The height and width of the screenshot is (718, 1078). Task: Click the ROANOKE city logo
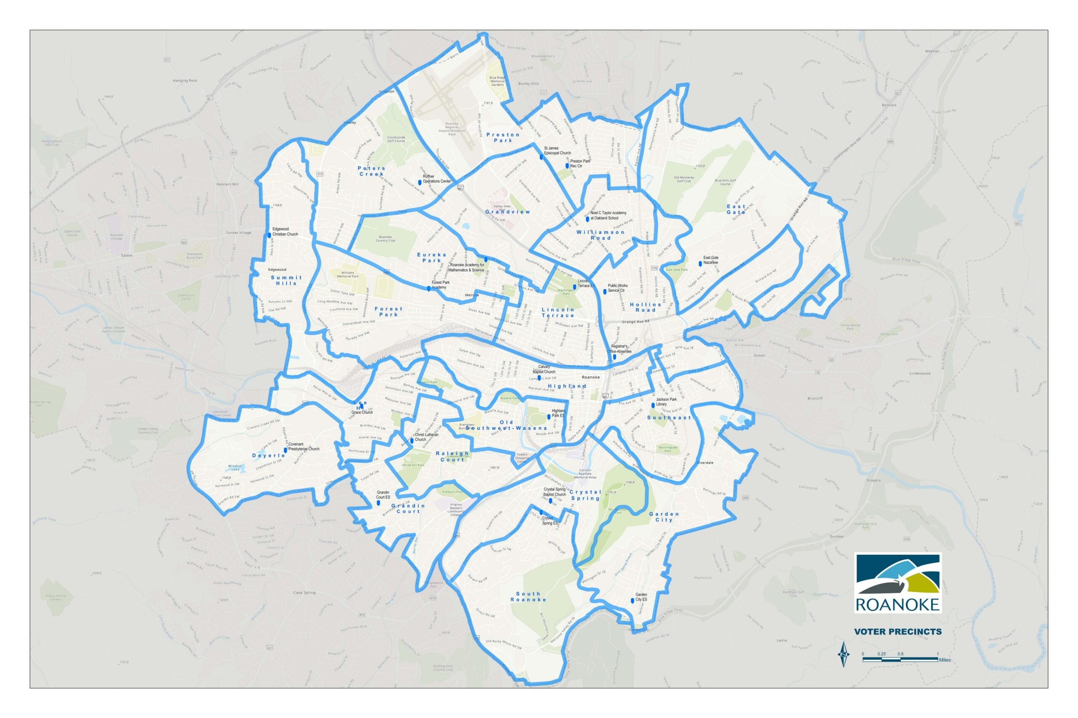pyautogui.click(x=897, y=583)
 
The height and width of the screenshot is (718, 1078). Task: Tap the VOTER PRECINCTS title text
pyautogui.click(x=897, y=631)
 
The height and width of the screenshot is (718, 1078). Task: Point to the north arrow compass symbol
pyautogui.click(x=843, y=655)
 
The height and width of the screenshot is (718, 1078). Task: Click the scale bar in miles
pyautogui.click(x=900, y=660)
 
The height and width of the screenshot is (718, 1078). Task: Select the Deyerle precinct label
pyautogui.click(x=269, y=456)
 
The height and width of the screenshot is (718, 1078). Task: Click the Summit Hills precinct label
pyautogui.click(x=286, y=280)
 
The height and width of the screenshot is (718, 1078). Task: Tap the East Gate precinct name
pyautogui.click(x=736, y=209)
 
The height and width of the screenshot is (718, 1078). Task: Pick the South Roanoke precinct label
pyautogui.click(x=528, y=596)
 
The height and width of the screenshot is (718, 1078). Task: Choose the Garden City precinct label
pyautogui.click(x=664, y=517)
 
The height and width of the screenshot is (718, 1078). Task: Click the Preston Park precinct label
pyautogui.click(x=503, y=138)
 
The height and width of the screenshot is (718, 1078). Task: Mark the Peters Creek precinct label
pyautogui.click(x=371, y=171)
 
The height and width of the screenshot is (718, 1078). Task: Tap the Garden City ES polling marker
pyautogui.click(x=633, y=601)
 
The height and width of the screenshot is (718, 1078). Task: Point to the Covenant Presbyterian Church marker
pyautogui.click(x=286, y=450)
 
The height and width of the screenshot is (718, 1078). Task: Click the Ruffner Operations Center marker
pyautogui.click(x=419, y=183)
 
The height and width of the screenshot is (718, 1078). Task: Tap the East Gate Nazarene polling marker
pyautogui.click(x=700, y=264)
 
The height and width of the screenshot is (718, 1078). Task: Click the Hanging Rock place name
pyautogui.click(x=185, y=81)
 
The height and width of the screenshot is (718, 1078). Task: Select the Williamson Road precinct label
pyautogui.click(x=600, y=235)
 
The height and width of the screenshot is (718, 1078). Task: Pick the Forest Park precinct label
pyautogui.click(x=389, y=312)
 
